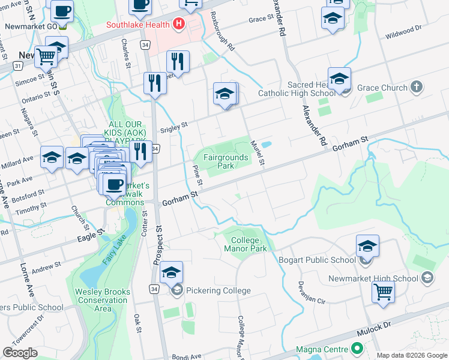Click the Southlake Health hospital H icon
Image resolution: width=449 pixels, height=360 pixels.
[178, 25]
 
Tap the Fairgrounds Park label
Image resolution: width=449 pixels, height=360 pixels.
[225, 161]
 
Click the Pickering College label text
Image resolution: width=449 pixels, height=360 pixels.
[220, 291]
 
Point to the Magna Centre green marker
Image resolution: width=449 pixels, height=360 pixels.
[357, 349]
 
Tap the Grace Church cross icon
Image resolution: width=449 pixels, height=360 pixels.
[417, 88]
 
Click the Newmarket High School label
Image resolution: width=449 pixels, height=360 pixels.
[373, 278]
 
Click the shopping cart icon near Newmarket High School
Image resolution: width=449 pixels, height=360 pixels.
[383, 292]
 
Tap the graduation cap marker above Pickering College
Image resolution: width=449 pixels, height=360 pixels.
[171, 272]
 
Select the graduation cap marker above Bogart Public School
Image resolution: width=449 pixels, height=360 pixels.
[367, 245]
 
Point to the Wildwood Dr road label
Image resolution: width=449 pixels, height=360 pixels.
[403, 31]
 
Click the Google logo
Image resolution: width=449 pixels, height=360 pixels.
[20, 353]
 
